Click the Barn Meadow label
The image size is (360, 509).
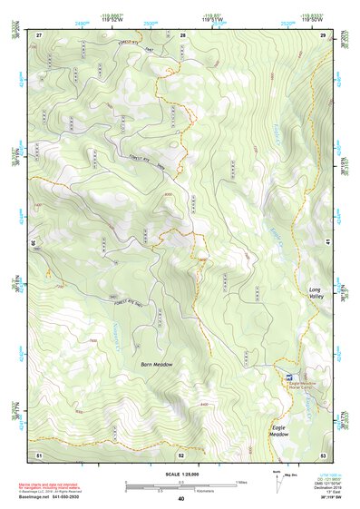[156, 364]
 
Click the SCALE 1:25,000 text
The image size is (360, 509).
[180, 474]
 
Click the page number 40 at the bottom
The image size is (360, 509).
[180, 499]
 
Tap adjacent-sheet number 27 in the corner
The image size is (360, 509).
[39, 34]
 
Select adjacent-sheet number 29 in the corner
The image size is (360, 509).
[323, 34]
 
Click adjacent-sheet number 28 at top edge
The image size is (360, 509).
[183, 34]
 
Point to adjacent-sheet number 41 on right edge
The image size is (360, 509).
[324, 243]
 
